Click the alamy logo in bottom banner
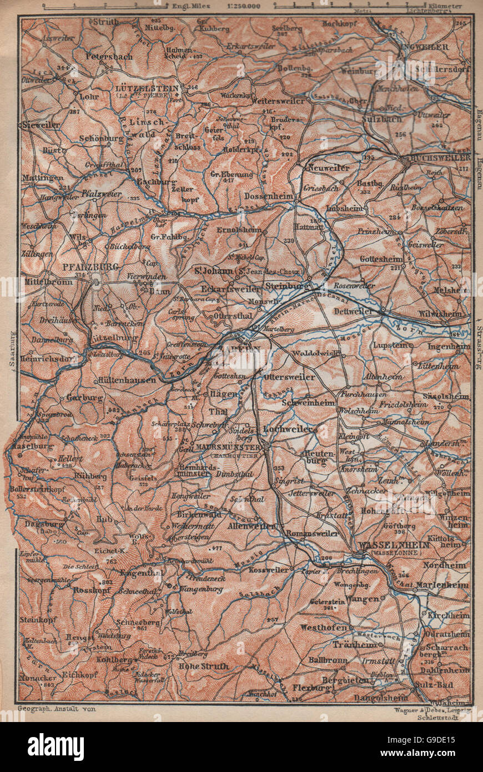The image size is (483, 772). coord(56,747)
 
